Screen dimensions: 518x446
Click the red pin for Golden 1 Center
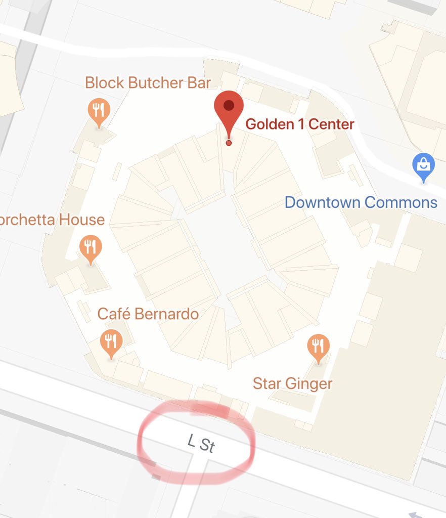229,109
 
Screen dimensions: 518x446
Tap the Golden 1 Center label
299,124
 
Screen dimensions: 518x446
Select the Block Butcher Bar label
148,82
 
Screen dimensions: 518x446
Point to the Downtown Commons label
361,202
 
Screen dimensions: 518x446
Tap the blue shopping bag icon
423,165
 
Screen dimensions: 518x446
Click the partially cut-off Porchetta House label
52,220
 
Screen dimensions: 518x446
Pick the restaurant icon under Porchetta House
91,248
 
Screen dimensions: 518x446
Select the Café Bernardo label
148,314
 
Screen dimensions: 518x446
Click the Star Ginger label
292,383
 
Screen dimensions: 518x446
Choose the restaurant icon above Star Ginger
318,347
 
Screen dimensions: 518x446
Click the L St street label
201,444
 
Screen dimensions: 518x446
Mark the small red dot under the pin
229,143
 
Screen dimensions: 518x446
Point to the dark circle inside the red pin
229,105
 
